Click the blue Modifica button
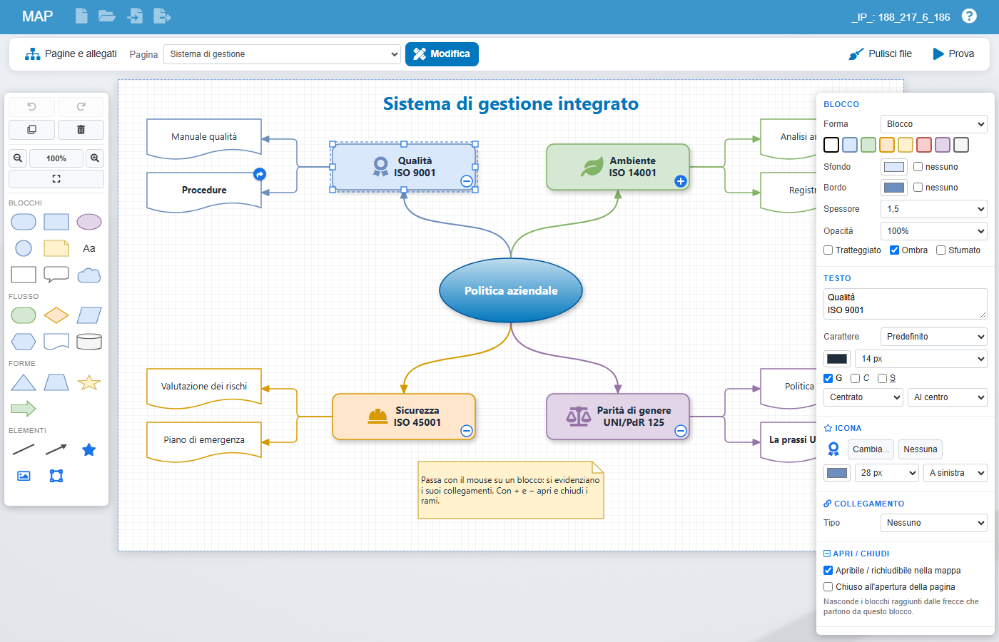(442, 54)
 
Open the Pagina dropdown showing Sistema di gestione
(282, 54)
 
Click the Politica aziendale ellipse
(511, 290)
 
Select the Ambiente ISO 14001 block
(618, 167)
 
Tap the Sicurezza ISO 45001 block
(404, 417)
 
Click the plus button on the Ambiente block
(680, 181)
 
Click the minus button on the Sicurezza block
(466, 431)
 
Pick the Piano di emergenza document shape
(204, 442)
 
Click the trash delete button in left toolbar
(81, 130)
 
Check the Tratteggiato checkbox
(828, 250)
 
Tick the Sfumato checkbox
(940, 250)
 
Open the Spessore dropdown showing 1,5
(933, 208)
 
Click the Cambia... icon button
(871, 449)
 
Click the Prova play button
(953, 54)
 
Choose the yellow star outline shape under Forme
(88, 382)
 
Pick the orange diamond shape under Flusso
(56, 315)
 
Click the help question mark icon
(969, 16)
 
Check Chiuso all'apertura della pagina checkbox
(828, 586)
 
